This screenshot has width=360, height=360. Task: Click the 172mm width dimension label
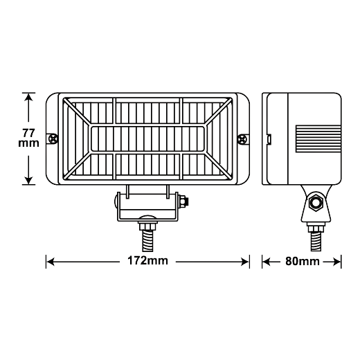pos(147,261)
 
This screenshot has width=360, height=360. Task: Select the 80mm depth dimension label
pos(303,261)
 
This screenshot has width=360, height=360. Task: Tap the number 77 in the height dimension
pos(28,133)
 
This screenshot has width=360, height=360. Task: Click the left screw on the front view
pos(53,138)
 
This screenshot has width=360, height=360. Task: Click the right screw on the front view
pos(242,139)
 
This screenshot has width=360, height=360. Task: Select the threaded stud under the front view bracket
pos(147,241)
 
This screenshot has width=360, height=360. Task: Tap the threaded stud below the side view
pos(316,242)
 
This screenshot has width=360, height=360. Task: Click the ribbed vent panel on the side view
pos(318,139)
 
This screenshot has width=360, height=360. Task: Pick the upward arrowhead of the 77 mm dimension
pos(28,98)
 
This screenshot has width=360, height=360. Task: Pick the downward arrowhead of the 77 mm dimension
pos(28,180)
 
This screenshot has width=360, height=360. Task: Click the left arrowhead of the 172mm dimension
pos(51,262)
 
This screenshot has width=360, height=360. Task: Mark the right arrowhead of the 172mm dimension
pos(245,262)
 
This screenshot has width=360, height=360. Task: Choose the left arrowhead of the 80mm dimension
pos(267,262)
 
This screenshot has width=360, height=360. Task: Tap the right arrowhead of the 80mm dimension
pos(337,262)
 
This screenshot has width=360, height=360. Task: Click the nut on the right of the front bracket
pos(183,201)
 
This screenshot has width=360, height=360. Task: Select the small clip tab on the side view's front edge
pos(269,139)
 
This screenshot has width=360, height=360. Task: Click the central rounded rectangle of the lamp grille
pos(148,139)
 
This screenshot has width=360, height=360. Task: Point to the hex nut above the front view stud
pos(147,226)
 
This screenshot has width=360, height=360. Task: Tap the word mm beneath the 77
pos(28,143)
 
